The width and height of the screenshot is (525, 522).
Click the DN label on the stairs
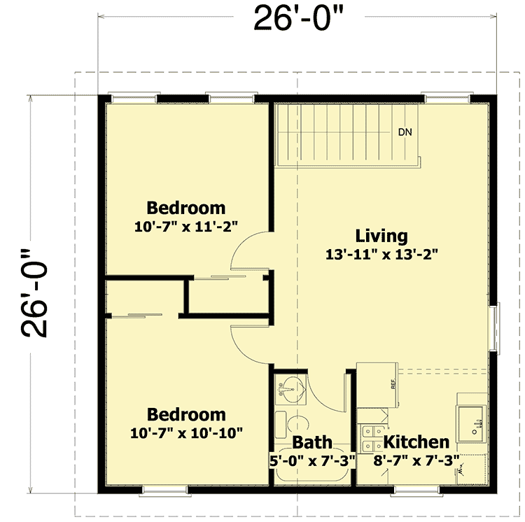[405, 132]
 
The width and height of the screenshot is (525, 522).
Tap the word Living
[381, 236]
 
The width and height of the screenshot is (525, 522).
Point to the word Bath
[312, 442]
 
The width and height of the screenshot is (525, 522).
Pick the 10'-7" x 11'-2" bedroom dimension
[186, 226]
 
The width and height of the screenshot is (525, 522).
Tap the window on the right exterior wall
[498, 329]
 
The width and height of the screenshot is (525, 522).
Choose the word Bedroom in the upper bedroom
[186, 208]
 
